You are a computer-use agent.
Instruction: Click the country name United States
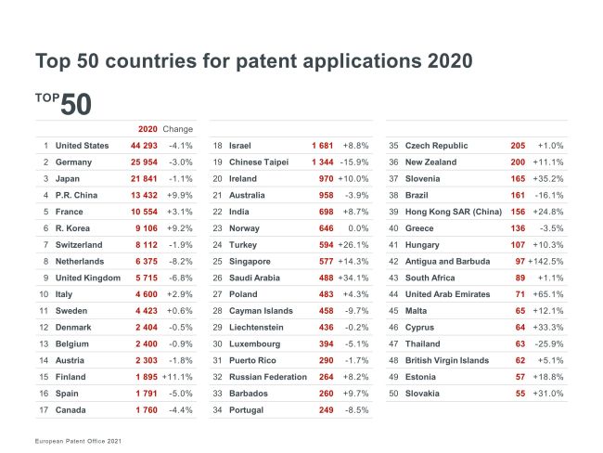coord(82,146)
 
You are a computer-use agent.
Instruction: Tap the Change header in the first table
coord(177,129)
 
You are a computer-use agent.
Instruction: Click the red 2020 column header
coord(148,129)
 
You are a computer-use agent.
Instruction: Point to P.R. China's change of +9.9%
coord(179,195)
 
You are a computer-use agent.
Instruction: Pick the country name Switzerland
coord(81,245)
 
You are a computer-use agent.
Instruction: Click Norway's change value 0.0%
coord(358,228)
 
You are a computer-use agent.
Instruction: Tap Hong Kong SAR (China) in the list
coord(454,212)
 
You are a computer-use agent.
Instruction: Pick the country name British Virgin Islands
coord(448,360)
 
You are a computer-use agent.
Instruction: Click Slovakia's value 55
coord(519,394)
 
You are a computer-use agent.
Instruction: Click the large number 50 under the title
coord(76,104)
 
